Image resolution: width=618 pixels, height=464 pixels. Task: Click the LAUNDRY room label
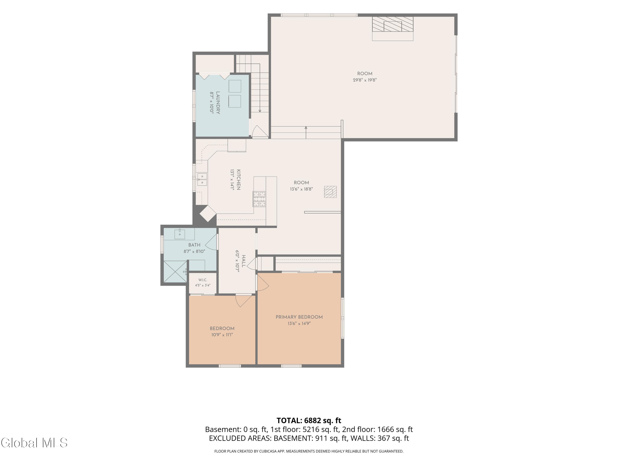[218, 103]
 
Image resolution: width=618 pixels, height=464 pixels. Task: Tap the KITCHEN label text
[238, 180]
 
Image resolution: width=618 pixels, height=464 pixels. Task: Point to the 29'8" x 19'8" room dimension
[365, 80]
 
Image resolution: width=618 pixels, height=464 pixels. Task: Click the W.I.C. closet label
[202, 280]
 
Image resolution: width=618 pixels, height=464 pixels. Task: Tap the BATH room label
[194, 245]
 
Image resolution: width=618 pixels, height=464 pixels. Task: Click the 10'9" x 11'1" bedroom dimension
[222, 334]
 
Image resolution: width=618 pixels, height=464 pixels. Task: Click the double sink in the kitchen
[202, 179]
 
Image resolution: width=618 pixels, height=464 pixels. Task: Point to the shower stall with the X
[175, 272]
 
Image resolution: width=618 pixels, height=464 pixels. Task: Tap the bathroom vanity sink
[180, 234]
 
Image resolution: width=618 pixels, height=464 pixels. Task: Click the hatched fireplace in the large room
[393, 26]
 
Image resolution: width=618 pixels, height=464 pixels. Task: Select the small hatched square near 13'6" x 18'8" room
[330, 192]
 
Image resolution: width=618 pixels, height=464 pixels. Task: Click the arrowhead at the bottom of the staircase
[260, 111]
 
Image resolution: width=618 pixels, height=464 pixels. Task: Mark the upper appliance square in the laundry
[235, 86]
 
